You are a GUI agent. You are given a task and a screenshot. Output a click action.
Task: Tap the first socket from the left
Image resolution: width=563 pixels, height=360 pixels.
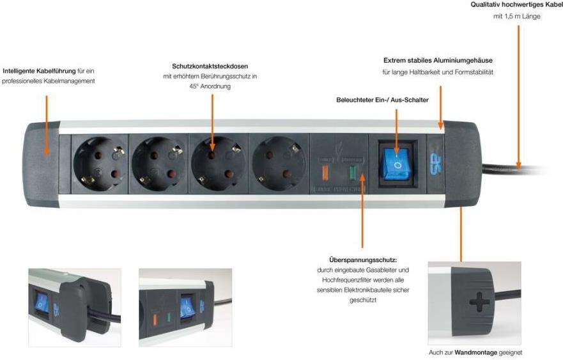(x=98, y=163)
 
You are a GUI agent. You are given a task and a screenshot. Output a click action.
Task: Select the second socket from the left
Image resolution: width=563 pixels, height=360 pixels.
(x=156, y=163)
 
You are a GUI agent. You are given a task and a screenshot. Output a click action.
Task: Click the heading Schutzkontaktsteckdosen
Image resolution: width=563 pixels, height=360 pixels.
(x=210, y=67)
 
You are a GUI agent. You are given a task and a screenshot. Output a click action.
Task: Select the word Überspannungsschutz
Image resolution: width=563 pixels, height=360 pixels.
(x=362, y=260)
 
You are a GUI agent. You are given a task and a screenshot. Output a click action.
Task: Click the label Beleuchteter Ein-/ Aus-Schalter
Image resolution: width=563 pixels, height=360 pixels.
(x=382, y=100)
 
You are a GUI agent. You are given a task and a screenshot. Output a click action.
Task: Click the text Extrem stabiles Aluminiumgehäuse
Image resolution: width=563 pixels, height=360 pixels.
(x=438, y=61)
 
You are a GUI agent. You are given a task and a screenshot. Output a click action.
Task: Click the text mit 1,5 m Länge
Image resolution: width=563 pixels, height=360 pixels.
(x=516, y=17)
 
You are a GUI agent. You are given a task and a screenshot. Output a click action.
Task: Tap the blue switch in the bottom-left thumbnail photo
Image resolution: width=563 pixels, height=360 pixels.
(x=42, y=303)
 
